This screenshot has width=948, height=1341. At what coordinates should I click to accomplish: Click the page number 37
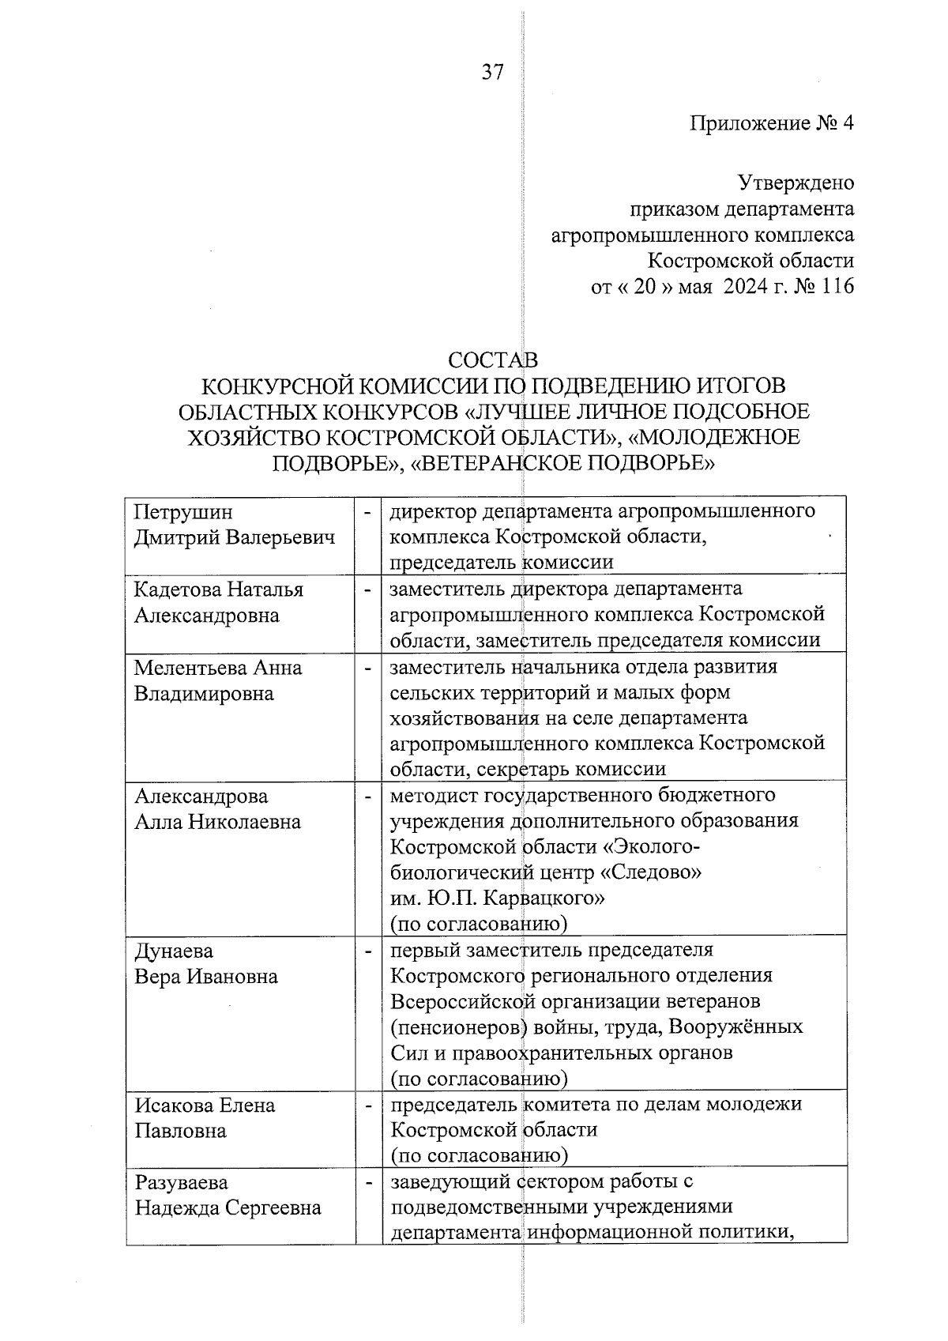tap(492, 73)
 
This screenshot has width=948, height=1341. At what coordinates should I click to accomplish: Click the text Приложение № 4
tap(772, 123)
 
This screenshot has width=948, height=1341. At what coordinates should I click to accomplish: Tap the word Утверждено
tap(796, 183)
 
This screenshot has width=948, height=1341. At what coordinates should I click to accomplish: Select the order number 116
tap(837, 286)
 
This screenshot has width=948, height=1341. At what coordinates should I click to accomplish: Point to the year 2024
tap(745, 286)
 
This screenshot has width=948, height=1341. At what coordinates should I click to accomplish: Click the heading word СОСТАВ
tap(493, 360)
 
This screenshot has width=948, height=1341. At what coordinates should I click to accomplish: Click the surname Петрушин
tap(183, 512)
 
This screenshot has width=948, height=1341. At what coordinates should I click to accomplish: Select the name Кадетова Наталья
tap(219, 590)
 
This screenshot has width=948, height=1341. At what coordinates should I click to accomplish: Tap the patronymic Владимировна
tap(204, 694)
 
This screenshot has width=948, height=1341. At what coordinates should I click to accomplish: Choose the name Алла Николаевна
tap(217, 822)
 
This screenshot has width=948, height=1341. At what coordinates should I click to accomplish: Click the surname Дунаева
tap(174, 951)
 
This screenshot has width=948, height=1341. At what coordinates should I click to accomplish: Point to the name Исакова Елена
tap(205, 1105)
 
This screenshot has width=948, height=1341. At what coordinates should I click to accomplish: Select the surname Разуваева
tap(182, 1182)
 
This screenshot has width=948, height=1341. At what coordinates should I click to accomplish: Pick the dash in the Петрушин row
tap(367, 512)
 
